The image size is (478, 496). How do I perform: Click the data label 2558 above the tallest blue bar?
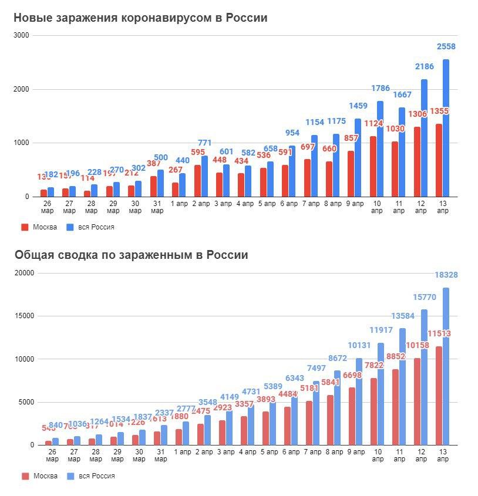click(446, 46)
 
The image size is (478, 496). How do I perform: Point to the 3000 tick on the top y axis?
click(22, 35)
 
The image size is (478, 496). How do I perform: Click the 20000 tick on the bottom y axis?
click(26, 273)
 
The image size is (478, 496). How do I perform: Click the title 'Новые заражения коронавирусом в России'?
click(140, 18)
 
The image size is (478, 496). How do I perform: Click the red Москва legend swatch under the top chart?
click(25, 227)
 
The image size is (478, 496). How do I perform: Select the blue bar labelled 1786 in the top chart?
click(381, 150)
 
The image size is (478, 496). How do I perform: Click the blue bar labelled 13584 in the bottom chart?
click(402, 387)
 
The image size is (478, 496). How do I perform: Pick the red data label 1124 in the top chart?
click(372, 123)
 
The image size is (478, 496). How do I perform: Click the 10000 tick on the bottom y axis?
click(26, 359)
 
